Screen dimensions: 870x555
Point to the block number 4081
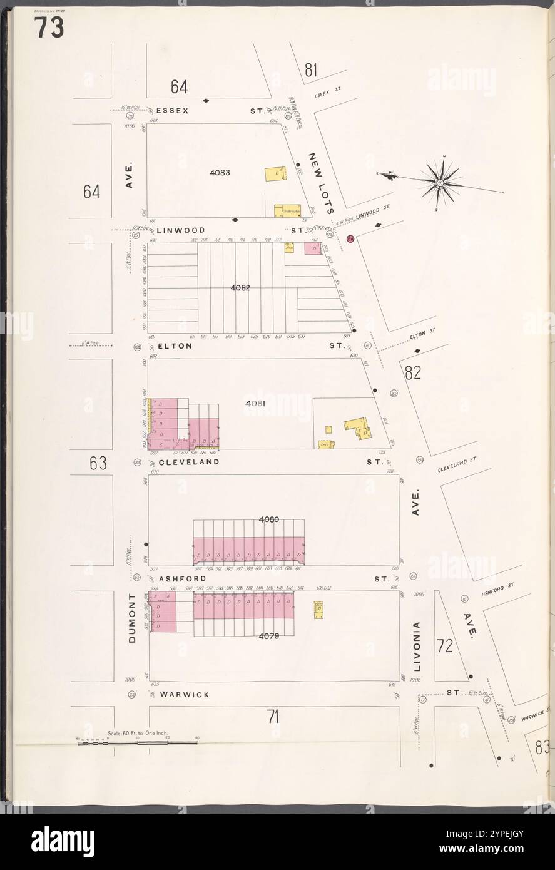click(x=255, y=404)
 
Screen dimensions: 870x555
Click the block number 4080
click(x=268, y=519)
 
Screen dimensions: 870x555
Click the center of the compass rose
click(x=440, y=183)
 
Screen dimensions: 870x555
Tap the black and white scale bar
click(x=137, y=743)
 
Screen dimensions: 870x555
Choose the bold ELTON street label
click(x=174, y=345)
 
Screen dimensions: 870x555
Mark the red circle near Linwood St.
click(x=350, y=238)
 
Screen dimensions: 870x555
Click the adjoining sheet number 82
click(x=412, y=373)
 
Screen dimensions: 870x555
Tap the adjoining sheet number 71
click(x=272, y=717)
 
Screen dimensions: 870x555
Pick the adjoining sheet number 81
click(x=310, y=71)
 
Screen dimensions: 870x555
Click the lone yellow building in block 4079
click(x=318, y=608)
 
